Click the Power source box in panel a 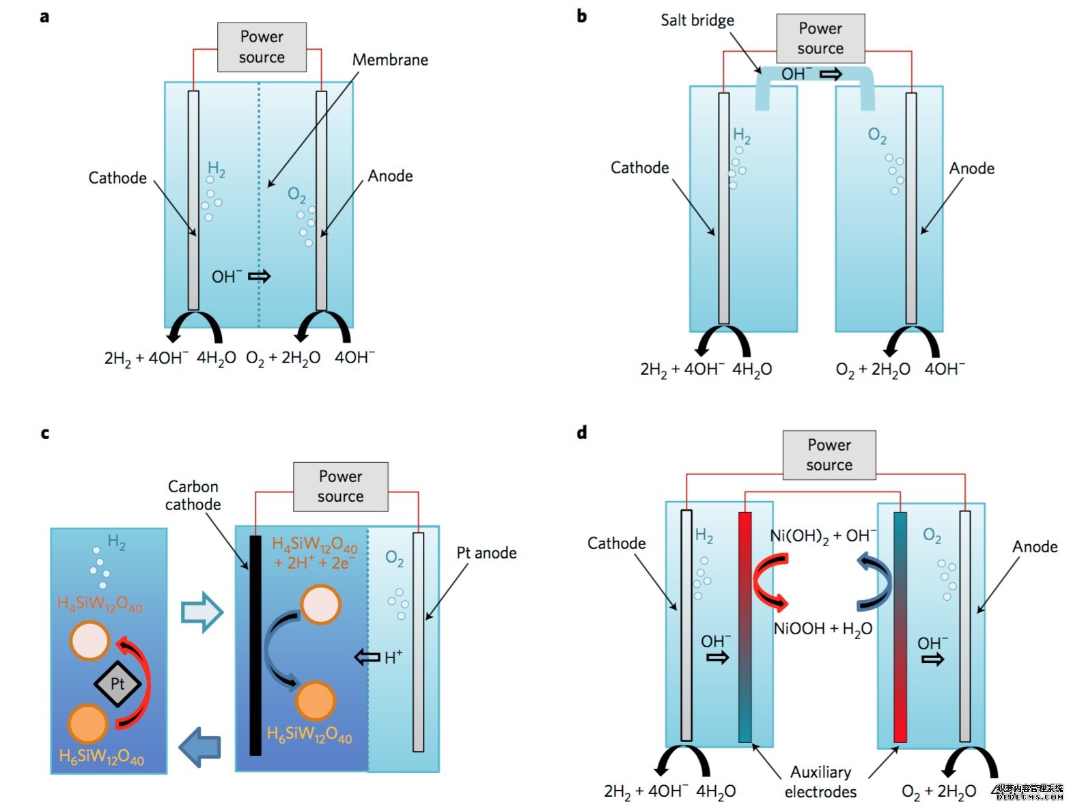click(x=262, y=47)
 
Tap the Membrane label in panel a click(x=390, y=60)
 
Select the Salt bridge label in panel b click(x=697, y=20)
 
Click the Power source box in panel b click(x=820, y=38)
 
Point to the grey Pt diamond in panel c click(x=117, y=683)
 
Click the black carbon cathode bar click(x=255, y=645)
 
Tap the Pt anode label click(x=486, y=553)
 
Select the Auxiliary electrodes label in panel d click(x=820, y=782)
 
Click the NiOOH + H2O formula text click(x=822, y=629)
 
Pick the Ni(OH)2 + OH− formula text click(x=822, y=536)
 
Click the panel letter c click(x=45, y=433)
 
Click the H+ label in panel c click(x=393, y=657)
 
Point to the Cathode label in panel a click(x=117, y=178)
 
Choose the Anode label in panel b click(x=971, y=169)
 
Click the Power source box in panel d click(x=829, y=455)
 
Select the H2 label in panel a click(x=217, y=169)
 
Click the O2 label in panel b click(x=877, y=135)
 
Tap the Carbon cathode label click(x=193, y=496)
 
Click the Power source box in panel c click(x=340, y=487)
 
